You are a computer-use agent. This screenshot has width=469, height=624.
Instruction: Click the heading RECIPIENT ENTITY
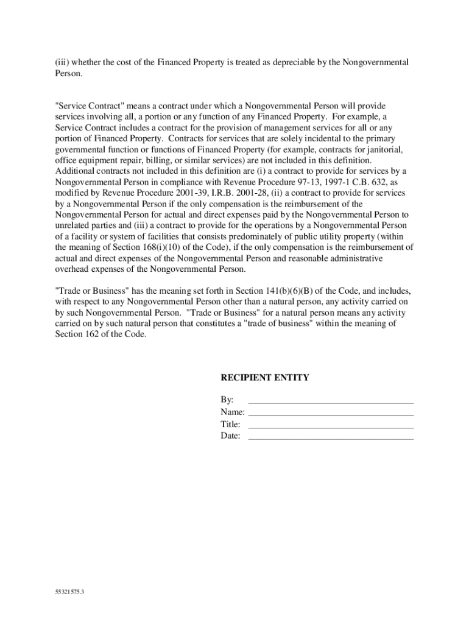pyautogui.click(x=264, y=378)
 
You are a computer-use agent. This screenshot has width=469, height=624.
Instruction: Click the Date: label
pyautogui.click(x=230, y=436)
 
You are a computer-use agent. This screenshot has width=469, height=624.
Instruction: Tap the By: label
pyautogui.click(x=227, y=400)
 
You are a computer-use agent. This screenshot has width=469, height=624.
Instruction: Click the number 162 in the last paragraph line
pyautogui.click(x=86, y=334)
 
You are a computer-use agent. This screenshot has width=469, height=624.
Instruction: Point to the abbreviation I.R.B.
pyautogui.click(x=224, y=193)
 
